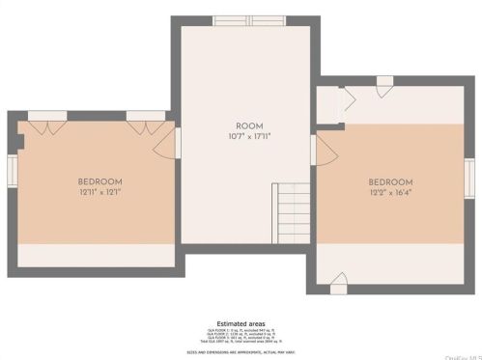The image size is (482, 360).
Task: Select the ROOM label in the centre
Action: (x=249, y=126)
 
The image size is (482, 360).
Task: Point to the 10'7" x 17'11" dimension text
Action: (x=249, y=137)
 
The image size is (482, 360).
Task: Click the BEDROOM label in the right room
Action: (x=391, y=182)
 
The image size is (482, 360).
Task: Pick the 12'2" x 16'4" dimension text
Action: (x=391, y=193)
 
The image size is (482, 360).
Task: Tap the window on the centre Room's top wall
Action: (x=242, y=19)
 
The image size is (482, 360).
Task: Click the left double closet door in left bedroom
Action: (x=46, y=116)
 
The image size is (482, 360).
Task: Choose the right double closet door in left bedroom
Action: (x=146, y=116)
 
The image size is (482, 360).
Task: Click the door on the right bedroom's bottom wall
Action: (x=338, y=285)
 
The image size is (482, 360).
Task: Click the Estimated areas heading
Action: (x=240, y=323)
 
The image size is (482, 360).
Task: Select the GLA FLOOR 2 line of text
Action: (x=240, y=334)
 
